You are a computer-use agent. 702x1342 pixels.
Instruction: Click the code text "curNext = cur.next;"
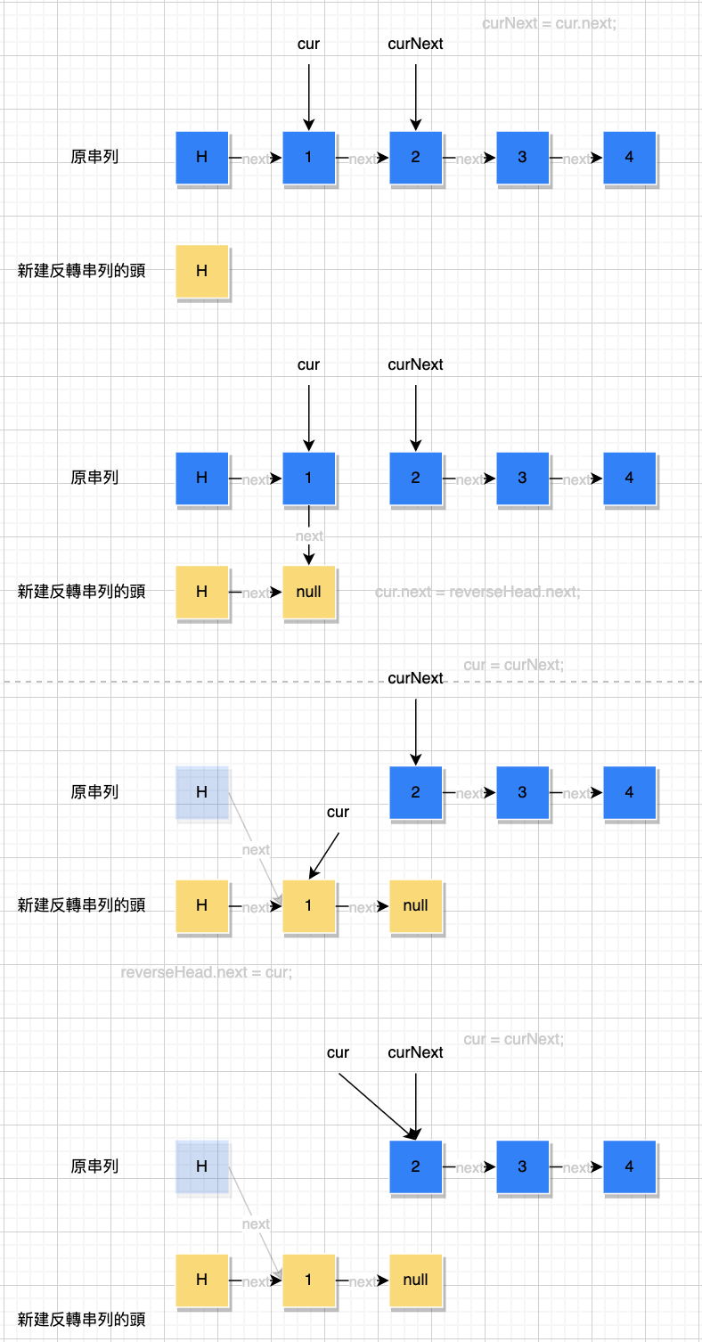(549, 23)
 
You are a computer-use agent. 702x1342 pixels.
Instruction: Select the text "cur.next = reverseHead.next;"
(478, 591)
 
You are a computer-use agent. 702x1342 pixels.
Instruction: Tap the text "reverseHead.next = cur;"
(206, 971)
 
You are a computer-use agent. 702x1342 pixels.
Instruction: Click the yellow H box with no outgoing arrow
(202, 271)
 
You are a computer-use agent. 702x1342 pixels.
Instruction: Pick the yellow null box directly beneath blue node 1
(309, 592)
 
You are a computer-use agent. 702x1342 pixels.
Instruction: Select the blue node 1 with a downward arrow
(309, 479)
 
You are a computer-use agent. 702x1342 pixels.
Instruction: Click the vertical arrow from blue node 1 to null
(309, 535)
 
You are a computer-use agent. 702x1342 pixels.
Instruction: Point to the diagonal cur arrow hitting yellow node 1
(324, 855)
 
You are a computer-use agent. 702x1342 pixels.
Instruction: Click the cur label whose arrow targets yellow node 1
(338, 812)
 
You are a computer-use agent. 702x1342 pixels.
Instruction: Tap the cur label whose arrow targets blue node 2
(338, 1052)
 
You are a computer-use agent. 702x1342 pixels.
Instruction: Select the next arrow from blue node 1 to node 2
(363, 159)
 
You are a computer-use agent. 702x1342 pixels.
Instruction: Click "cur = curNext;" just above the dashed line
(513, 665)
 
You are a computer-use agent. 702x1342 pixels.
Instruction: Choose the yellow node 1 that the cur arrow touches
(309, 905)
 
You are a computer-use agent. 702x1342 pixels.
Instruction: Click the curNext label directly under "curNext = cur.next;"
(415, 44)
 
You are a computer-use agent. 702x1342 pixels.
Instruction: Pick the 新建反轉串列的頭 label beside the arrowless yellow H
(81, 271)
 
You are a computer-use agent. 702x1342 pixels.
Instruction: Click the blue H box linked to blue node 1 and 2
(202, 158)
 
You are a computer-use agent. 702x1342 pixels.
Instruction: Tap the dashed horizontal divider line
(178, 683)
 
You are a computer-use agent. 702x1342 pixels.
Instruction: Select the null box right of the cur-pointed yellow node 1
(416, 905)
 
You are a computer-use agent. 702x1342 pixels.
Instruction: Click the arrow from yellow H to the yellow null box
(256, 593)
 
